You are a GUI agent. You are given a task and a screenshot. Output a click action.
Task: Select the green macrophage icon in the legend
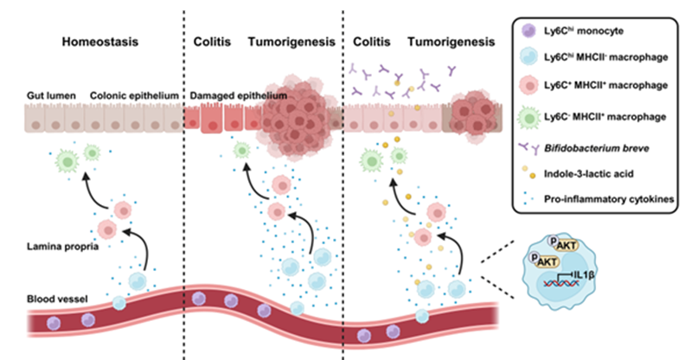[528, 117]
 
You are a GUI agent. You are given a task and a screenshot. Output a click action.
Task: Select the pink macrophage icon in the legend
[528, 87]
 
